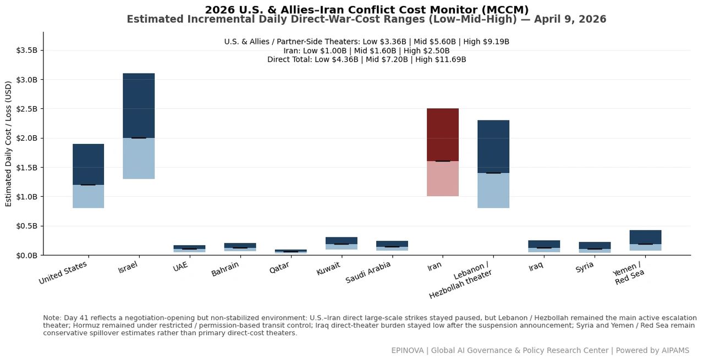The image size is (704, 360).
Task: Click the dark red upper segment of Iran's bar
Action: (443, 135)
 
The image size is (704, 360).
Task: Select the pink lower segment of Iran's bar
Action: (443, 179)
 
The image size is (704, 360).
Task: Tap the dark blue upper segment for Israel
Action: (139, 106)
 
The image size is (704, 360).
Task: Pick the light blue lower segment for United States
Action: (89, 196)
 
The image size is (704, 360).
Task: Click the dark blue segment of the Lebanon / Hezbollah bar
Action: (493, 146)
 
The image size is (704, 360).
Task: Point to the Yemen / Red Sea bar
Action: (645, 240)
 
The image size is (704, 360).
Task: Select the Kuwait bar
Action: (342, 243)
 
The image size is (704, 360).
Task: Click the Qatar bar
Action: (291, 251)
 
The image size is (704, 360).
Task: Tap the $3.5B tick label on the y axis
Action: (27, 50)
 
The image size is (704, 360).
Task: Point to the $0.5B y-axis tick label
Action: (27, 226)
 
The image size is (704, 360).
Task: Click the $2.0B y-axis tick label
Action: (27, 138)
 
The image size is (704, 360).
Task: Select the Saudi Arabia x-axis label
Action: (368, 272)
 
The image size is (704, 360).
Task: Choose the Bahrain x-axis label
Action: (225, 269)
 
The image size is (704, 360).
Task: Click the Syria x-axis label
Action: (585, 267)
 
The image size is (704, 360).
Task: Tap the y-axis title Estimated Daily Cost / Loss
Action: (8, 143)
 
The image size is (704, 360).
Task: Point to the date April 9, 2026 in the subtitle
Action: (570, 19)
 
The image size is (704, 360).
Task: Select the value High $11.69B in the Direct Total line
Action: (441, 59)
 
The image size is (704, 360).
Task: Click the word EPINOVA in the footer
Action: (408, 350)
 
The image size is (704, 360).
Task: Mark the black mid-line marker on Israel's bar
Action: (139, 138)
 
